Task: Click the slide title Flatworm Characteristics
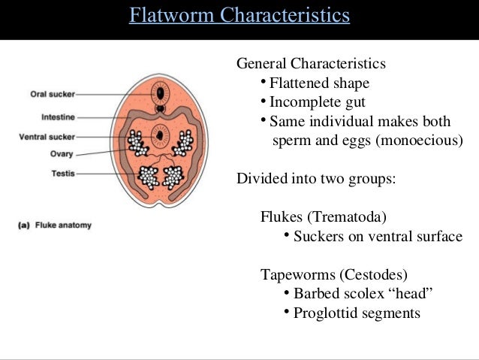click(x=239, y=15)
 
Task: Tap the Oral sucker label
click(x=52, y=95)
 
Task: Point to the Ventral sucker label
click(x=47, y=137)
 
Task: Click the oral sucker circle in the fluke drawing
click(x=160, y=93)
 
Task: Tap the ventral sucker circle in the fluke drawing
click(x=160, y=137)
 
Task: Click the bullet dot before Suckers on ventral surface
click(x=287, y=236)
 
